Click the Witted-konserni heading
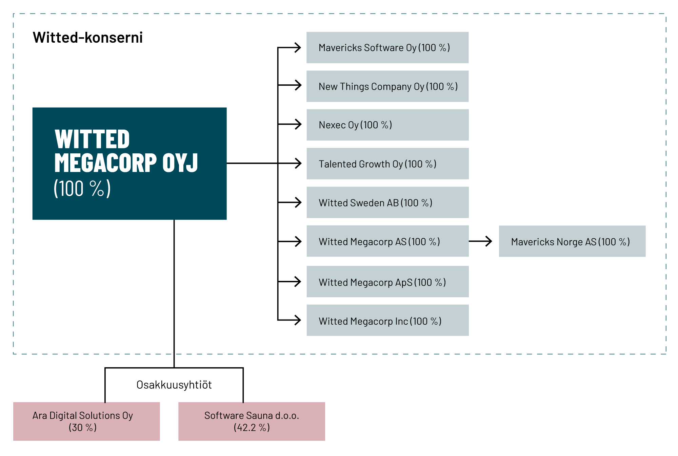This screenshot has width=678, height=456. [x=87, y=38]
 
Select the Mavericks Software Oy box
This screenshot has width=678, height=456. [x=387, y=48]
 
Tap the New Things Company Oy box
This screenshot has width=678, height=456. [x=387, y=86]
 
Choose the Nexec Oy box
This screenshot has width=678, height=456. [x=387, y=125]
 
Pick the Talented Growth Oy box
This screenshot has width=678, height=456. [x=387, y=164]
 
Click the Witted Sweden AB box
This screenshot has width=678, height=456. [x=387, y=202]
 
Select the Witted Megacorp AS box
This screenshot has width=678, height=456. [x=387, y=241]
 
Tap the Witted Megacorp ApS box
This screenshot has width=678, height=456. [x=387, y=282]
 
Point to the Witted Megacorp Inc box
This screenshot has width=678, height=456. [x=387, y=320]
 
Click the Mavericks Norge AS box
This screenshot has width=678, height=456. [x=572, y=241]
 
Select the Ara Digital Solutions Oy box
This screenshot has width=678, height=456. [x=86, y=421]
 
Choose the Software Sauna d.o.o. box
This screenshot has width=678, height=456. [x=252, y=421]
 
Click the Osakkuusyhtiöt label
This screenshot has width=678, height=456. [x=174, y=385]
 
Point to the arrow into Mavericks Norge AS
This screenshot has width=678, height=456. [x=480, y=241]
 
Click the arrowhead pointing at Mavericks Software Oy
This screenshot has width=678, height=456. [x=298, y=48]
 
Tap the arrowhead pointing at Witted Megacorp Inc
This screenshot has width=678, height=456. [x=298, y=320]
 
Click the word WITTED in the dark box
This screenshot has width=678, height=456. [x=92, y=139]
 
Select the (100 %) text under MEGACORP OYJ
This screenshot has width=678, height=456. [x=82, y=189]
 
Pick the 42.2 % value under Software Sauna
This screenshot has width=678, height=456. [x=252, y=428]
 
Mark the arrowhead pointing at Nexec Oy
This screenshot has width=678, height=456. [x=298, y=124]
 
